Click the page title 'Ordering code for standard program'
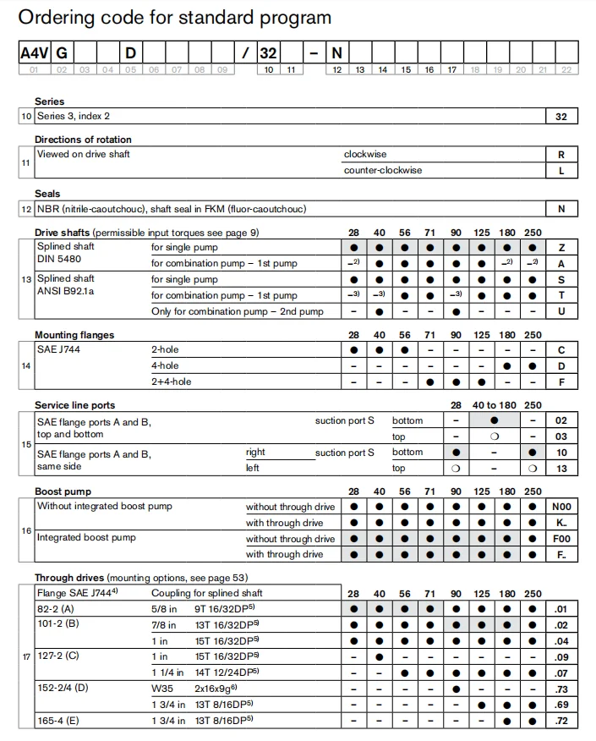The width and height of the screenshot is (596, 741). pos(175,18)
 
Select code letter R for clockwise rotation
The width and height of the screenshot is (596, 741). pos(561,155)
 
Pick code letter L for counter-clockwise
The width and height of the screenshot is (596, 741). pos(561,171)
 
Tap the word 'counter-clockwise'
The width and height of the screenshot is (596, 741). pos(383,171)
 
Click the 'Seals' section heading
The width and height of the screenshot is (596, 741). pos(47,194)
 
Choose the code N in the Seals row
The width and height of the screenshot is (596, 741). pos(561,209)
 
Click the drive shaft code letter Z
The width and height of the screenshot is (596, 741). pos(561,248)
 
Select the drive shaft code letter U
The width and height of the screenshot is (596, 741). pos(561,311)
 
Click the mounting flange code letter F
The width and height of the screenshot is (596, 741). pos(561,381)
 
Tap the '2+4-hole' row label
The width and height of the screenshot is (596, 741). pos(172,381)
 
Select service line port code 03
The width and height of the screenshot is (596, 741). pos(561,436)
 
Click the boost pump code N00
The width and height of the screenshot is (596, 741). pos(561,507)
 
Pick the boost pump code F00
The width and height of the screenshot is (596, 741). pos(561,539)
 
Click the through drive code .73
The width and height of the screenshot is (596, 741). pos(561,689)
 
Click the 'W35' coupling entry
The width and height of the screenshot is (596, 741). pos(161,689)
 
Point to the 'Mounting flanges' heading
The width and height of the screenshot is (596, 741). pos(74,335)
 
